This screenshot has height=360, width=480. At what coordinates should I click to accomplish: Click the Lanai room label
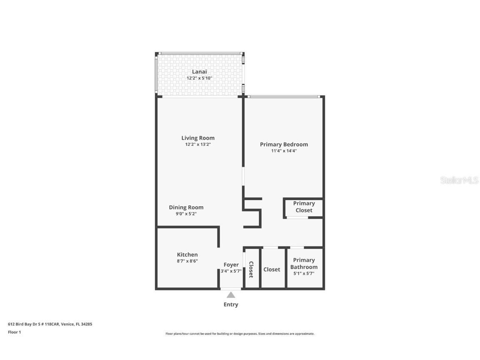tap(199, 72)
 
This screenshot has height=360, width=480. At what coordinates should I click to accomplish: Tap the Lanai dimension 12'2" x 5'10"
tap(199, 78)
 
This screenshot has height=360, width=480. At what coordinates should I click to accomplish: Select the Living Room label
tap(198, 138)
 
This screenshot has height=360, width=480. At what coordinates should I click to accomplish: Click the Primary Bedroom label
tap(284, 144)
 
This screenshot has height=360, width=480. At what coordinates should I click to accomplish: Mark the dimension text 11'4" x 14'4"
tap(284, 151)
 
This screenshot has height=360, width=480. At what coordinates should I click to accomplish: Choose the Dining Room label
tap(186, 207)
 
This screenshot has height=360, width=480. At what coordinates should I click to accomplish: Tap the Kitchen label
tap(187, 255)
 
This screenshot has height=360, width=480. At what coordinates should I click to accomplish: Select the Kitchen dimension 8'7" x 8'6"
tap(187, 261)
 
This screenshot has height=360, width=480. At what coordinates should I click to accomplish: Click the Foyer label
tap(231, 265)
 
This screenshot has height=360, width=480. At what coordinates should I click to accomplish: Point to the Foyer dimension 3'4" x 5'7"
tap(231, 271)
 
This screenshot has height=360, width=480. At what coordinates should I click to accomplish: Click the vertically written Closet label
tap(251, 269)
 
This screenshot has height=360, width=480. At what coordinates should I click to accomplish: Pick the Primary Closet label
tap(304, 207)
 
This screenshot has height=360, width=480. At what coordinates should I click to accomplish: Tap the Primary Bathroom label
tap(304, 263)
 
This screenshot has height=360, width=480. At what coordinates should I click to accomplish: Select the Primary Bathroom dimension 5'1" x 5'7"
tap(304, 273)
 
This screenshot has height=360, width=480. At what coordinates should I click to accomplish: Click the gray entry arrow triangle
tap(231, 295)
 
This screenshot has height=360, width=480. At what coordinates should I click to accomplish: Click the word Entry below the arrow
tap(231, 305)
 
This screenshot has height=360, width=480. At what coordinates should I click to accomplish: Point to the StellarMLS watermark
tap(460, 180)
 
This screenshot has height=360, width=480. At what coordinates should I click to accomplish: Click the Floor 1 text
tap(14, 332)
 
